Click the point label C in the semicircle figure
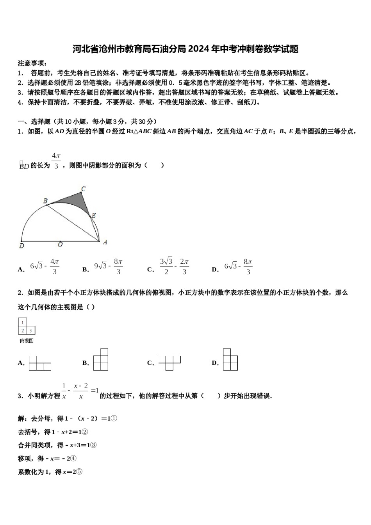coord(83,189)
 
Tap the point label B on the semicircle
coord(45,201)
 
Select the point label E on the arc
coord(94,215)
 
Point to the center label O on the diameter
coord(60,245)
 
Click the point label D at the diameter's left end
coord(21,246)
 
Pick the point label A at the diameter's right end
coord(105,242)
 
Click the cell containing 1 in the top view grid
coord(23,323)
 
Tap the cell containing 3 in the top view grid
coord(30,331)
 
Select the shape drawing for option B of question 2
coord(101,360)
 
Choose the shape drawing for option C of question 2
coord(169,362)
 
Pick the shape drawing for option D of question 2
coord(230,360)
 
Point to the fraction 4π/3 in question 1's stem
coord(56,161)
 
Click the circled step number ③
coord(94,445)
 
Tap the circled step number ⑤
coord(79,471)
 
